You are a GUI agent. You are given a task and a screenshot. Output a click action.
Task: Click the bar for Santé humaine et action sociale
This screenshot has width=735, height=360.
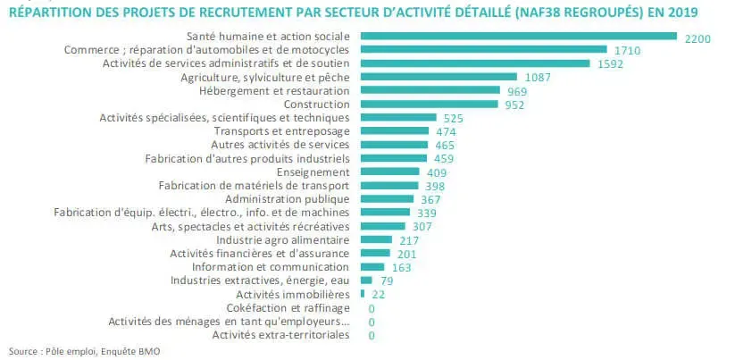pos(518,36)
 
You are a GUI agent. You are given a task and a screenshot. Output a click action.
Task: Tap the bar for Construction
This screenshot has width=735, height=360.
pos(430,104)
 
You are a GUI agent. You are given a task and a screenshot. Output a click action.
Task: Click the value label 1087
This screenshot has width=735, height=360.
pos(539,78)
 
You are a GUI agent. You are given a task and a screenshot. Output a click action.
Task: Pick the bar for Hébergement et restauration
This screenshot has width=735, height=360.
pos(430,90)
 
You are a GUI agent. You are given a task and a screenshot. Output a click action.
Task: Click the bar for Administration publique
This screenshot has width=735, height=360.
pos(387,198)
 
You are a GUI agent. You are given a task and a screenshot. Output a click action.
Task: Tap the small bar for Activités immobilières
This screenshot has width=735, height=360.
pos(363,294)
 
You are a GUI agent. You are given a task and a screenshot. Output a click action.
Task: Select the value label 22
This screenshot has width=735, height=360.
pos(380,295)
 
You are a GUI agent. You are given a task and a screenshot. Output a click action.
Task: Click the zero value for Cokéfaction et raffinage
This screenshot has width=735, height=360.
pos(371,308)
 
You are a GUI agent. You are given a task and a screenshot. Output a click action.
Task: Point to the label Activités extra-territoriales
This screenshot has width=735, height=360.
pos(280,335)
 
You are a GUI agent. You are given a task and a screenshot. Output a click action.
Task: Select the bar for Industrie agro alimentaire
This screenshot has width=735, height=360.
pos(376,239)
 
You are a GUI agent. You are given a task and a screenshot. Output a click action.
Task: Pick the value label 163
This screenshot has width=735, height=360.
pos(402,267)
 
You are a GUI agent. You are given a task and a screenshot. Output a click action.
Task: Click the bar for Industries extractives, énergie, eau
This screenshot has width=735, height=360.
pos(366,280)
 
